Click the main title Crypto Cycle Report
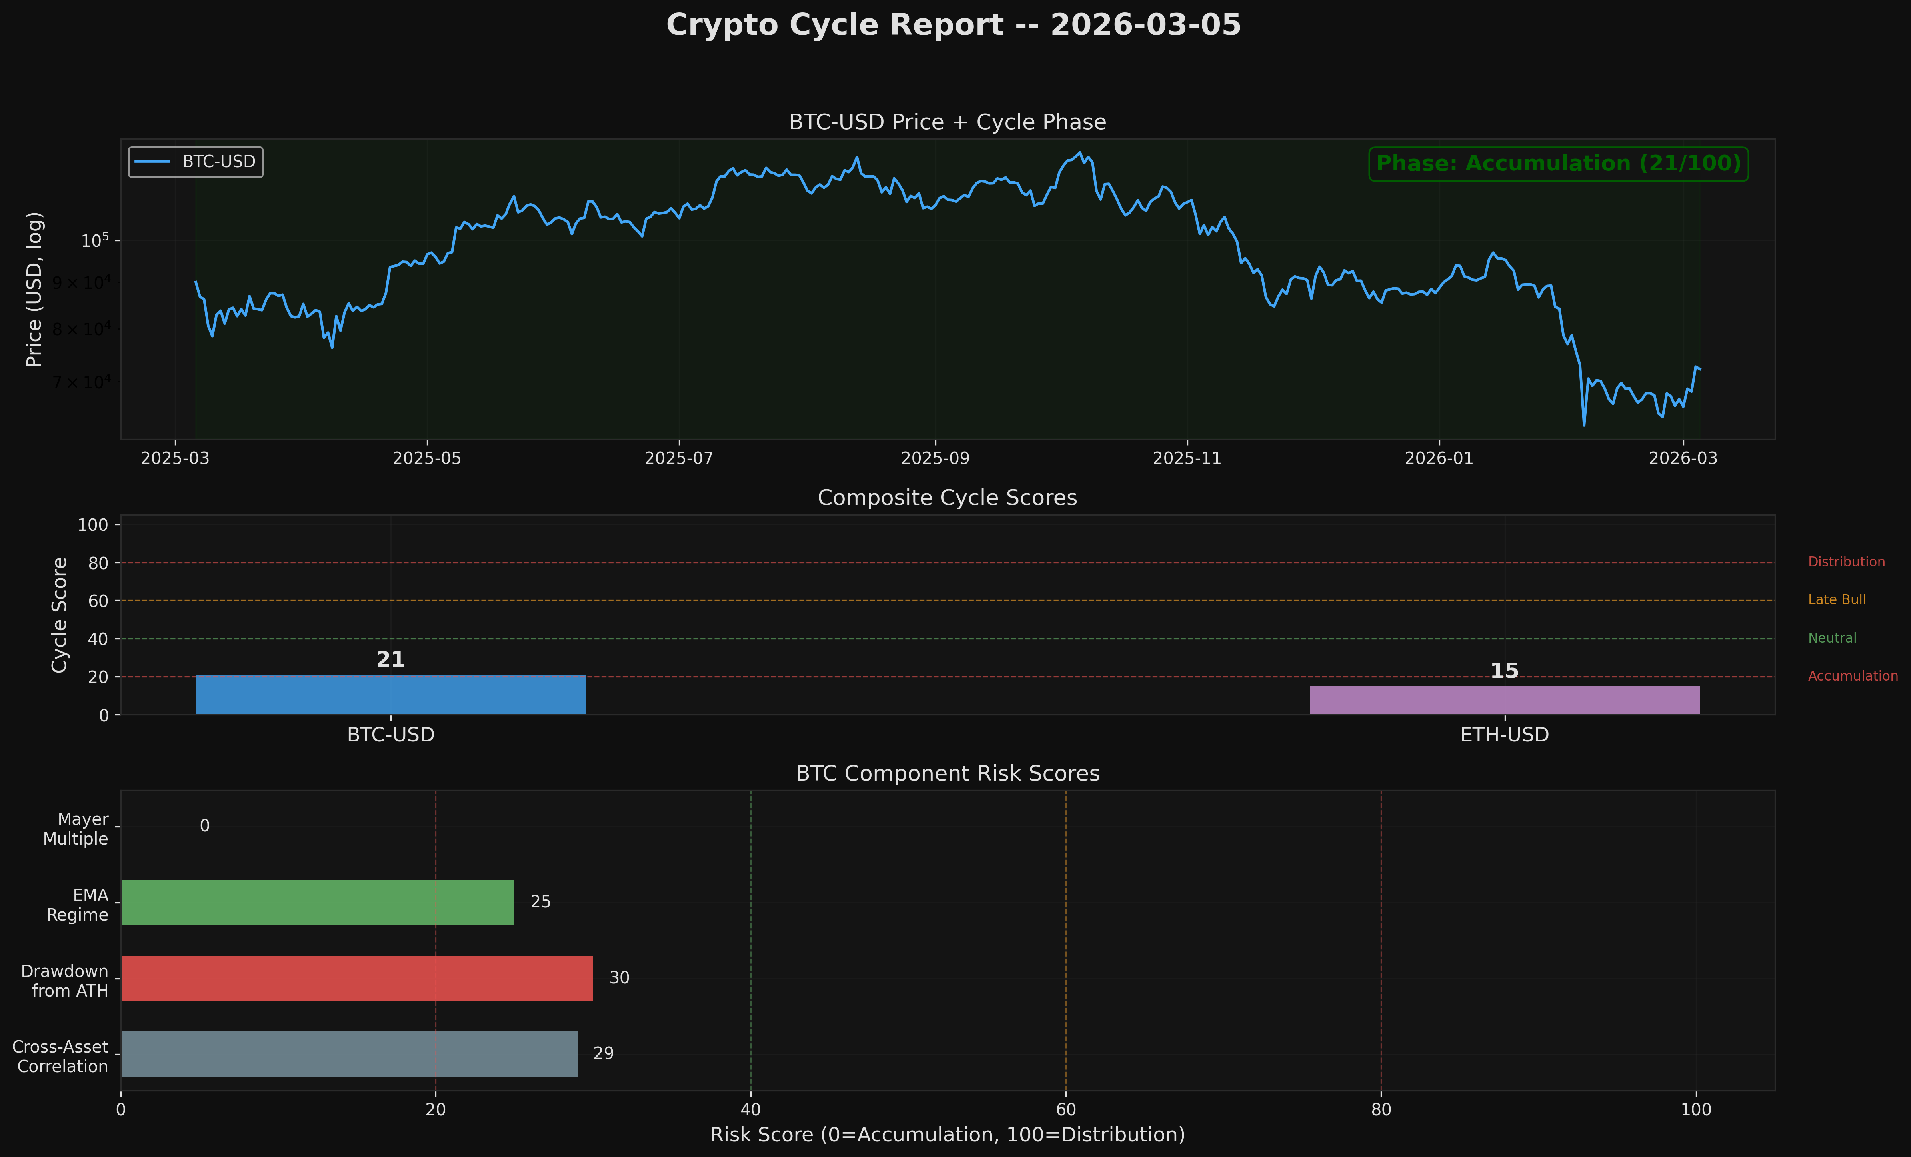pos(953,25)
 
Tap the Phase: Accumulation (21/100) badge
pos(1558,164)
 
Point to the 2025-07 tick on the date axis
pos(679,458)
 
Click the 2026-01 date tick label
pos(1439,458)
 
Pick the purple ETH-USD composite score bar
pos(1505,700)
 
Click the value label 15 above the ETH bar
pos(1505,671)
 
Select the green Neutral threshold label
pos(1832,638)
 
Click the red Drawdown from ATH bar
pos(357,979)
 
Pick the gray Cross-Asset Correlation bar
pos(349,1054)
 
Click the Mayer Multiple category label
pos(76,829)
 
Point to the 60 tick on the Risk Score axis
pos(1065,1110)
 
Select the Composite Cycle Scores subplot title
pos(947,498)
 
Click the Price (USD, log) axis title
pos(34,289)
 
